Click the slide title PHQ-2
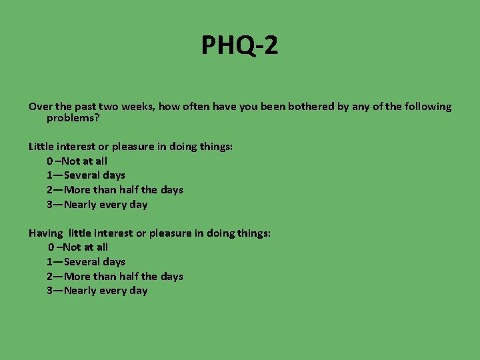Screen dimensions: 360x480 (x=240, y=46)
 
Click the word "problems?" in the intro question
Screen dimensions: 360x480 (x=73, y=118)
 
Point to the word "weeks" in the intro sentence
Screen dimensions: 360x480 (x=134, y=107)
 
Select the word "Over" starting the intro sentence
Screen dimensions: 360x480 (x=39, y=107)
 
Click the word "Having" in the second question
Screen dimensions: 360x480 (x=45, y=233)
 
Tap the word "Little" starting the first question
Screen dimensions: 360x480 (x=40, y=147)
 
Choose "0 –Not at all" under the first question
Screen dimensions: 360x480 (x=77, y=161)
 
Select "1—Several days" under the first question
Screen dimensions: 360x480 (x=86, y=175)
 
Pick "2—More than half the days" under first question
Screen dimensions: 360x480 (x=115, y=190)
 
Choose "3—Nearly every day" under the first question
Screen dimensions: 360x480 (x=97, y=205)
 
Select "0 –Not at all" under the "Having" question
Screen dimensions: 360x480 (x=77, y=247)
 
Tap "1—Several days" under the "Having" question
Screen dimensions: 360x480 (x=86, y=262)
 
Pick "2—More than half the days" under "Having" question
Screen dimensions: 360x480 (x=115, y=277)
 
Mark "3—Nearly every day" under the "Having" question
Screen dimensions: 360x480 (x=97, y=291)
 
